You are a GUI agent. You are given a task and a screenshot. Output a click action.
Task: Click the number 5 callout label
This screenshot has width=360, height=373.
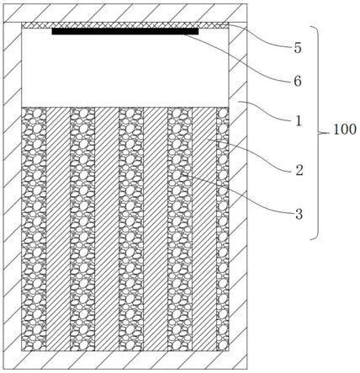click(x=298, y=48)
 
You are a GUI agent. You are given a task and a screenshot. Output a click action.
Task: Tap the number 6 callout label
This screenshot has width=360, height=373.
click(x=298, y=82)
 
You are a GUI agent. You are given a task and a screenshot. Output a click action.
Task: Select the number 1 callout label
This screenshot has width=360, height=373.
click(x=299, y=121)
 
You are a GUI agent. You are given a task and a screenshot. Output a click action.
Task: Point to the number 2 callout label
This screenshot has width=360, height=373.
click(x=299, y=170)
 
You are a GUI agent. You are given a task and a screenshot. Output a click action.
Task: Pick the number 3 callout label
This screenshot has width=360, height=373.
click(x=299, y=215)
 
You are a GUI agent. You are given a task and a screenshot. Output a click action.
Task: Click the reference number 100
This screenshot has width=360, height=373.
click(x=345, y=130)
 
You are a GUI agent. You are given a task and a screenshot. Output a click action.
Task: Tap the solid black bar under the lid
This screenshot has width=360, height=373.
click(x=125, y=31)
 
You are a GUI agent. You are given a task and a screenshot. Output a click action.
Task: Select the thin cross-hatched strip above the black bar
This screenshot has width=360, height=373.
click(x=125, y=25)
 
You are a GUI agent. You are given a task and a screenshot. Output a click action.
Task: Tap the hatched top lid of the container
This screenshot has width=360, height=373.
click(x=125, y=13)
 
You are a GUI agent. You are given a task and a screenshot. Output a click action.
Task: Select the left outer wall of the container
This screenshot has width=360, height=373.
click(x=13, y=195)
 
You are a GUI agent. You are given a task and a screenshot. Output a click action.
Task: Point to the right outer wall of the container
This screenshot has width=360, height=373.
click(x=238, y=195)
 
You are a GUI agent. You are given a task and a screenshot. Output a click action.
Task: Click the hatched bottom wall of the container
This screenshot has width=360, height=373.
click(x=125, y=360)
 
